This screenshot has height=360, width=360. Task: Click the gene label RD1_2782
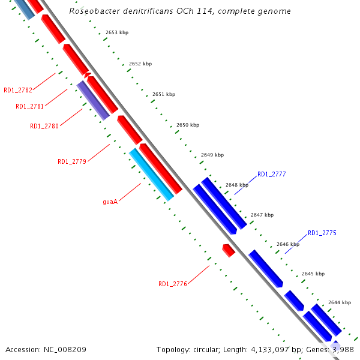[18, 90]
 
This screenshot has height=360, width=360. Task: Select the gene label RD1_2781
[30, 106]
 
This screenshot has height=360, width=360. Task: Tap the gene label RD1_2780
[44, 126]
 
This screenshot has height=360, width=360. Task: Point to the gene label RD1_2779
[72, 161]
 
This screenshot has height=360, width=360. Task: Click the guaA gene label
[110, 202]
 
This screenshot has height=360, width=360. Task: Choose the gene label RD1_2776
[173, 284]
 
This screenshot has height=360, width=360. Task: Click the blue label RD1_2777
[272, 174]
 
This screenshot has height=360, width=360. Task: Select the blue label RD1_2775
[322, 233]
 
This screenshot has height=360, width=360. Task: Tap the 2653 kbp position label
[116, 32]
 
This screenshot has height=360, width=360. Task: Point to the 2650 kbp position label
[188, 125]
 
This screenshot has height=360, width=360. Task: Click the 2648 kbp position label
[237, 185]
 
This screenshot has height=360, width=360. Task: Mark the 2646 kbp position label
[288, 244]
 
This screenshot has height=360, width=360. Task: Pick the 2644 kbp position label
[340, 302]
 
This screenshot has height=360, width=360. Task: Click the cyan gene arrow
[151, 175]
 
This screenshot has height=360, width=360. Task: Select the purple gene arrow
[93, 100]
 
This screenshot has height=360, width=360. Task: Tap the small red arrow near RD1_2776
[229, 250]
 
